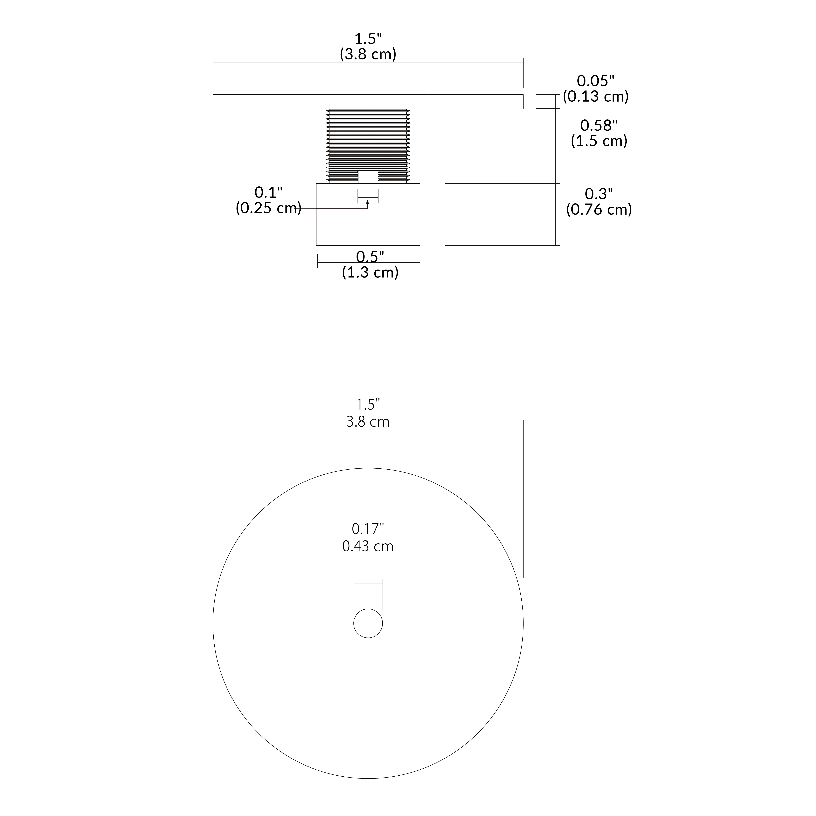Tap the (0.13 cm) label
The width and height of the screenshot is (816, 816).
coord(596,97)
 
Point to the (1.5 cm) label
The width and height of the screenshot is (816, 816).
coord(599,141)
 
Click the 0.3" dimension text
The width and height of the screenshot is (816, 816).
coord(599,194)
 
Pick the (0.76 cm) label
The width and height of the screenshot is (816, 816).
coord(599,210)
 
